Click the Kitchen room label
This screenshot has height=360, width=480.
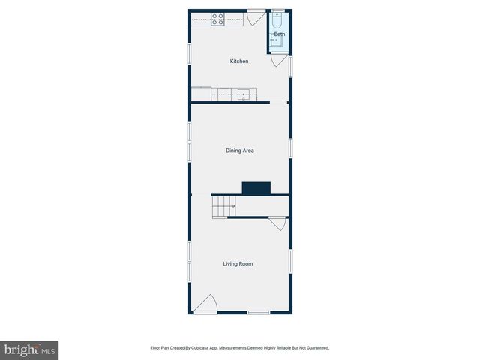point(238,61)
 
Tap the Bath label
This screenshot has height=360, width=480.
point(279,34)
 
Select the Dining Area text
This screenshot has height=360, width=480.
point(239,151)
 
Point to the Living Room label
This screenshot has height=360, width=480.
point(238,263)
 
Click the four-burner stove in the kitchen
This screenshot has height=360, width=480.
point(217,19)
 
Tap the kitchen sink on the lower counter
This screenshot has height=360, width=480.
point(244,94)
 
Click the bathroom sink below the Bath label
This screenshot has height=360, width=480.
point(277,42)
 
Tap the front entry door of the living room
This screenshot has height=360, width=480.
point(206,304)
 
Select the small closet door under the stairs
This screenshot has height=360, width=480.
point(276,223)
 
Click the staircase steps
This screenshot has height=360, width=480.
point(223,205)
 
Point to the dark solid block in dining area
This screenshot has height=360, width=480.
point(256,188)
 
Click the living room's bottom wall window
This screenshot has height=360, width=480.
point(258,312)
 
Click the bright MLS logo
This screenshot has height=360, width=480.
point(29,350)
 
